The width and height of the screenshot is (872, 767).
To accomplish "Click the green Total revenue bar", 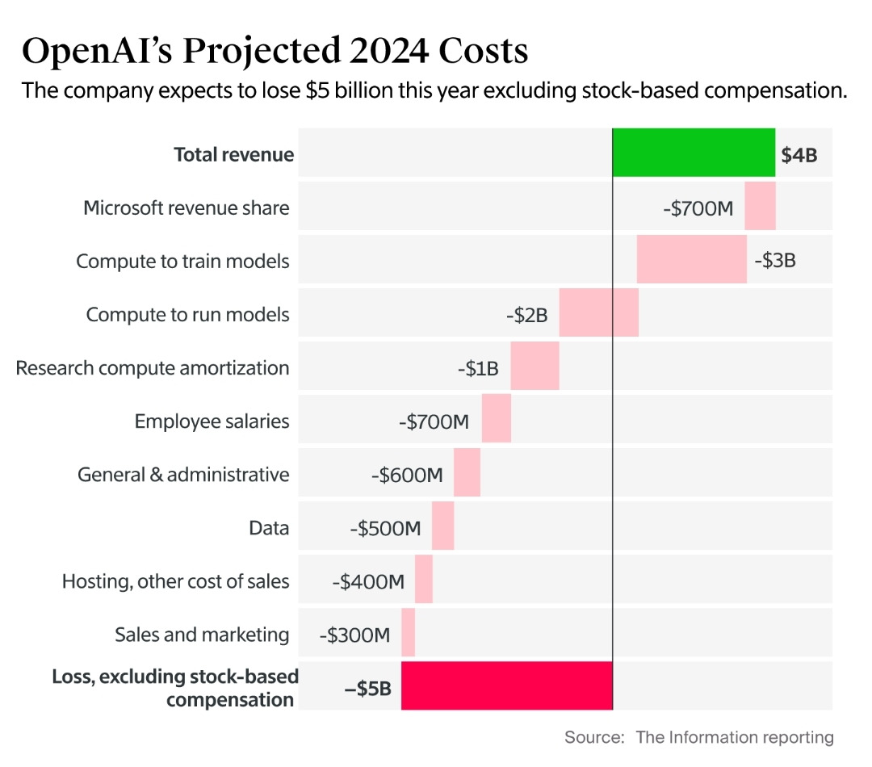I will pyautogui.click(x=694, y=153).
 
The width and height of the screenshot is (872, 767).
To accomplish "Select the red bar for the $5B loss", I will pyautogui.click(x=506, y=686).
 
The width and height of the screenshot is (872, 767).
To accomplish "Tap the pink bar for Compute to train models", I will pyautogui.click(x=691, y=260).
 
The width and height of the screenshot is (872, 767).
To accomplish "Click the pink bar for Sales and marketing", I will pyautogui.click(x=408, y=633).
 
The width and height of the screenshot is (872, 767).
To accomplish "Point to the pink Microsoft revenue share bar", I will pyautogui.click(x=760, y=207).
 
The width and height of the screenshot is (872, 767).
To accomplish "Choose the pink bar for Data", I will pyautogui.click(x=442, y=526).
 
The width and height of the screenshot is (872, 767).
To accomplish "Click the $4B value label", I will pyautogui.click(x=799, y=155).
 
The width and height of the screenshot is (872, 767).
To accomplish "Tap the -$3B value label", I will pyautogui.click(x=774, y=261).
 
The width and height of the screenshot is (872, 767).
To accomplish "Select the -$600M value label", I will pyautogui.click(x=407, y=475).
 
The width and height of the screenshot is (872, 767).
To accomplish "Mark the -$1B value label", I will pyautogui.click(x=477, y=368).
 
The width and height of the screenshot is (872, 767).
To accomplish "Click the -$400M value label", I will pyautogui.click(x=367, y=581).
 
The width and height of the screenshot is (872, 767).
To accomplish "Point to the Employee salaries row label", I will pyautogui.click(x=212, y=421).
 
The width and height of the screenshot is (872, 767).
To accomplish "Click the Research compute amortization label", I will pyautogui.click(x=153, y=368).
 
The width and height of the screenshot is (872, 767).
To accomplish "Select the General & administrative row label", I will pyautogui.click(x=183, y=474).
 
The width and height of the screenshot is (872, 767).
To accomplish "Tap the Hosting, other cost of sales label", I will pyautogui.click(x=175, y=581).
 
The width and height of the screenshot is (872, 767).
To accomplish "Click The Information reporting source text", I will pyautogui.click(x=734, y=736).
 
